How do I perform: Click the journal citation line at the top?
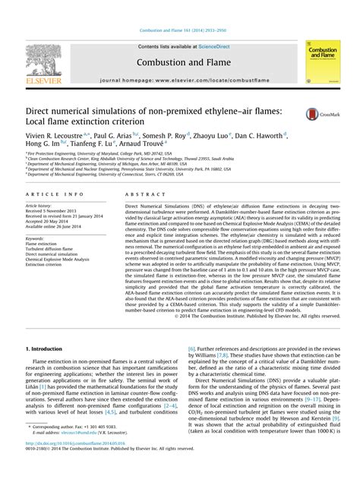pos(179,30)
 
